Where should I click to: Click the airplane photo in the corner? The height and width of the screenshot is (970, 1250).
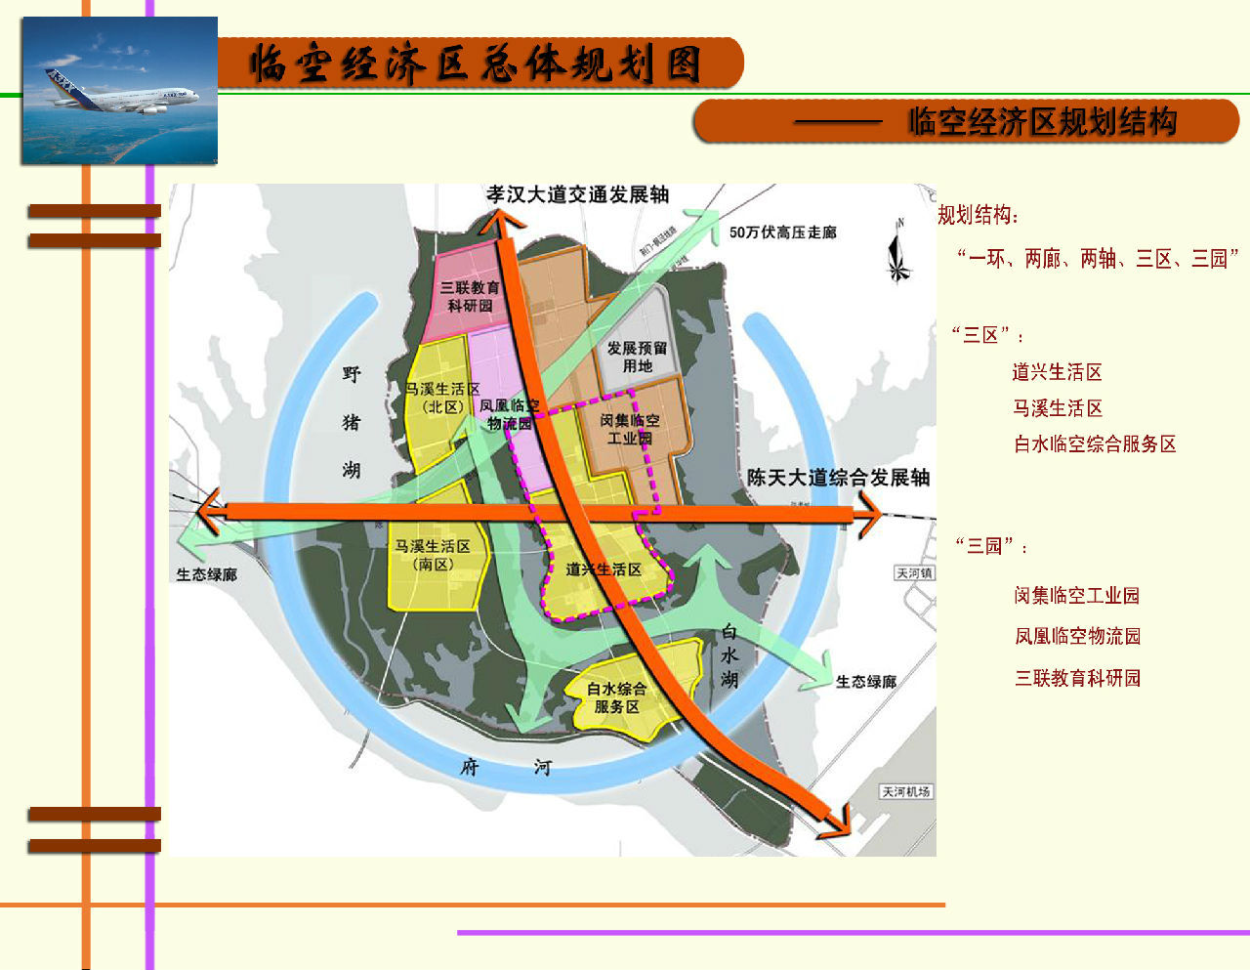[118, 90]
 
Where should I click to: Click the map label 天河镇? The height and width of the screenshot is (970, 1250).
[914, 573]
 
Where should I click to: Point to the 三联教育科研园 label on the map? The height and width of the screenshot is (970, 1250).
[470, 296]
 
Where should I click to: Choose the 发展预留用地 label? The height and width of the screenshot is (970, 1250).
[637, 357]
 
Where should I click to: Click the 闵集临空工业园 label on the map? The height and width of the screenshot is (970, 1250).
[630, 429]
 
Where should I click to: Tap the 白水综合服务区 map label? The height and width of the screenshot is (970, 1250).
[616, 697]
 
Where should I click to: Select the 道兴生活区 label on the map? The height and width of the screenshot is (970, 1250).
[604, 569]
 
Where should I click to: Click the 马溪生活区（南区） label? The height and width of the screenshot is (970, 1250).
[433, 555]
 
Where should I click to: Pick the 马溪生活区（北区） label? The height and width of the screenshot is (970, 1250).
[442, 398]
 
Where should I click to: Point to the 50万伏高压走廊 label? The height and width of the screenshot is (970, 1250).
[782, 232]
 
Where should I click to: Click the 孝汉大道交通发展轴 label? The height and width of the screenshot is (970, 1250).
[578, 194]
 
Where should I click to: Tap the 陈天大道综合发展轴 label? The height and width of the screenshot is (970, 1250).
[838, 478]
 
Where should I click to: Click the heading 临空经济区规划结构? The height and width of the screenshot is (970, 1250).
[1042, 122]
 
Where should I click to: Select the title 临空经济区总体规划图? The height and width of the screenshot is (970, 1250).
[476, 63]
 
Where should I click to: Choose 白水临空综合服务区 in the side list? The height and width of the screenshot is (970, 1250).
[1095, 444]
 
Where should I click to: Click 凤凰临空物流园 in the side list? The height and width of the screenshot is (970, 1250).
[1077, 636]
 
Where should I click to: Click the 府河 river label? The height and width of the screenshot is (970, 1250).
[505, 767]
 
